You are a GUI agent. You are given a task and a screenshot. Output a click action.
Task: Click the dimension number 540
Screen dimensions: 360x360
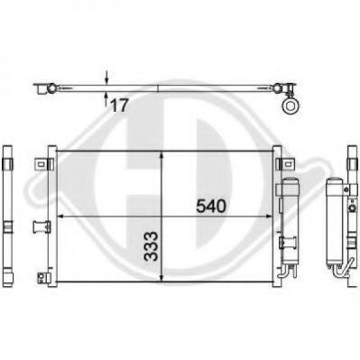pyautogui.click(x=210, y=207)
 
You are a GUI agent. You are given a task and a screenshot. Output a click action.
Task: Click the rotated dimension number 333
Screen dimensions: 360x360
pyautogui.click(x=151, y=246)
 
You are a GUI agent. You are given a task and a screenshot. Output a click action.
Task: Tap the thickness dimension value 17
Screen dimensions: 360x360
pyautogui.click(x=120, y=106)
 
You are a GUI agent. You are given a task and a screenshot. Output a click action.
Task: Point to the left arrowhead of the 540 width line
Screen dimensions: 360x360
pyautogui.click(x=61, y=216)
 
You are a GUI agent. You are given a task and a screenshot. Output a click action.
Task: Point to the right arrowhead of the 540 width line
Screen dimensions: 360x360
pyautogui.click(x=269, y=216)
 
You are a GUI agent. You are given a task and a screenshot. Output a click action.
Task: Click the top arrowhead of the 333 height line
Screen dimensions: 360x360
pyautogui.click(x=162, y=155)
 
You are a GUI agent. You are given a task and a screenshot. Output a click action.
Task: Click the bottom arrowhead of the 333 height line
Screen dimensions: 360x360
pyautogui.click(x=162, y=278)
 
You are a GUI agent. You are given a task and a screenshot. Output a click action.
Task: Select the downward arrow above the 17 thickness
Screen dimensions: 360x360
pyautogui.click(x=106, y=78)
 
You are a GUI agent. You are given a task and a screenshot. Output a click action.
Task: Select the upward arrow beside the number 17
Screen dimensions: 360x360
pyautogui.click(x=106, y=97)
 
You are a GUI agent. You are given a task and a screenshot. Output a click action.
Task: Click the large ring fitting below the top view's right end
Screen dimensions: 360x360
pyautogui.click(x=291, y=106)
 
